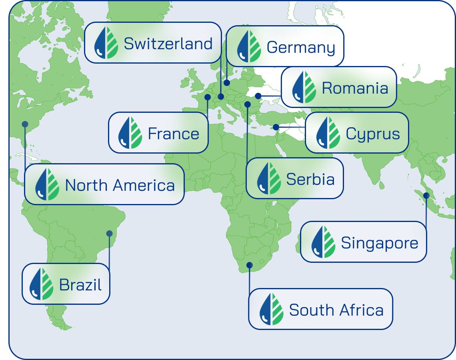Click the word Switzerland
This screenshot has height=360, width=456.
(x=168, y=44)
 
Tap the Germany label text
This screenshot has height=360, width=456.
(x=301, y=48)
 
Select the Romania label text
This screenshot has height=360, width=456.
(x=355, y=88)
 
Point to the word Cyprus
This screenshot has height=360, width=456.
(x=373, y=134)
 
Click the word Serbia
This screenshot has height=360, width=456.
(x=310, y=179)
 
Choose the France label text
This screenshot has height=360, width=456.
(x=174, y=134)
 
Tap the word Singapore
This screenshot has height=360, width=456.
(x=380, y=243)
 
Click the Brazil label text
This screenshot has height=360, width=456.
(x=80, y=285)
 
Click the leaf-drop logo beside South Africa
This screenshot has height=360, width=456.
(x=272, y=309)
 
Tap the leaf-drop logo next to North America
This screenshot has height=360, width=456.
(x=47, y=184)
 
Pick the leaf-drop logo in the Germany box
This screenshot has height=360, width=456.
(x=249, y=47)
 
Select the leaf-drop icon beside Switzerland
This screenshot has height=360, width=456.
(x=106, y=43)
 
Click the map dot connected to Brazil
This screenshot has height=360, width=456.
(x=109, y=234)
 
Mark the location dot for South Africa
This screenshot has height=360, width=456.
(x=250, y=265)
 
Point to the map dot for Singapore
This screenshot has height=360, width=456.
(x=426, y=196)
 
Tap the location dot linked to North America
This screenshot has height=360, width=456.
(x=25, y=124)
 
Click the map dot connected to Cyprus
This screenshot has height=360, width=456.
(x=276, y=127)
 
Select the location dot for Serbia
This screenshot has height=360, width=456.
(x=248, y=104)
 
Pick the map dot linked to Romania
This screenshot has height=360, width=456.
(x=258, y=96)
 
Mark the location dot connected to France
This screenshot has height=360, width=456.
(x=208, y=97)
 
